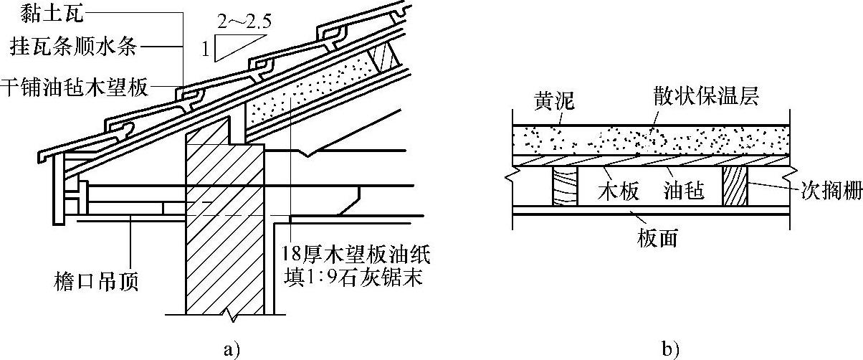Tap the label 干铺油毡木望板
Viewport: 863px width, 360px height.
click(74, 87)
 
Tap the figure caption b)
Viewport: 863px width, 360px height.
click(671, 349)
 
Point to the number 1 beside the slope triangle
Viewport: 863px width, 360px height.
click(206, 50)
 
